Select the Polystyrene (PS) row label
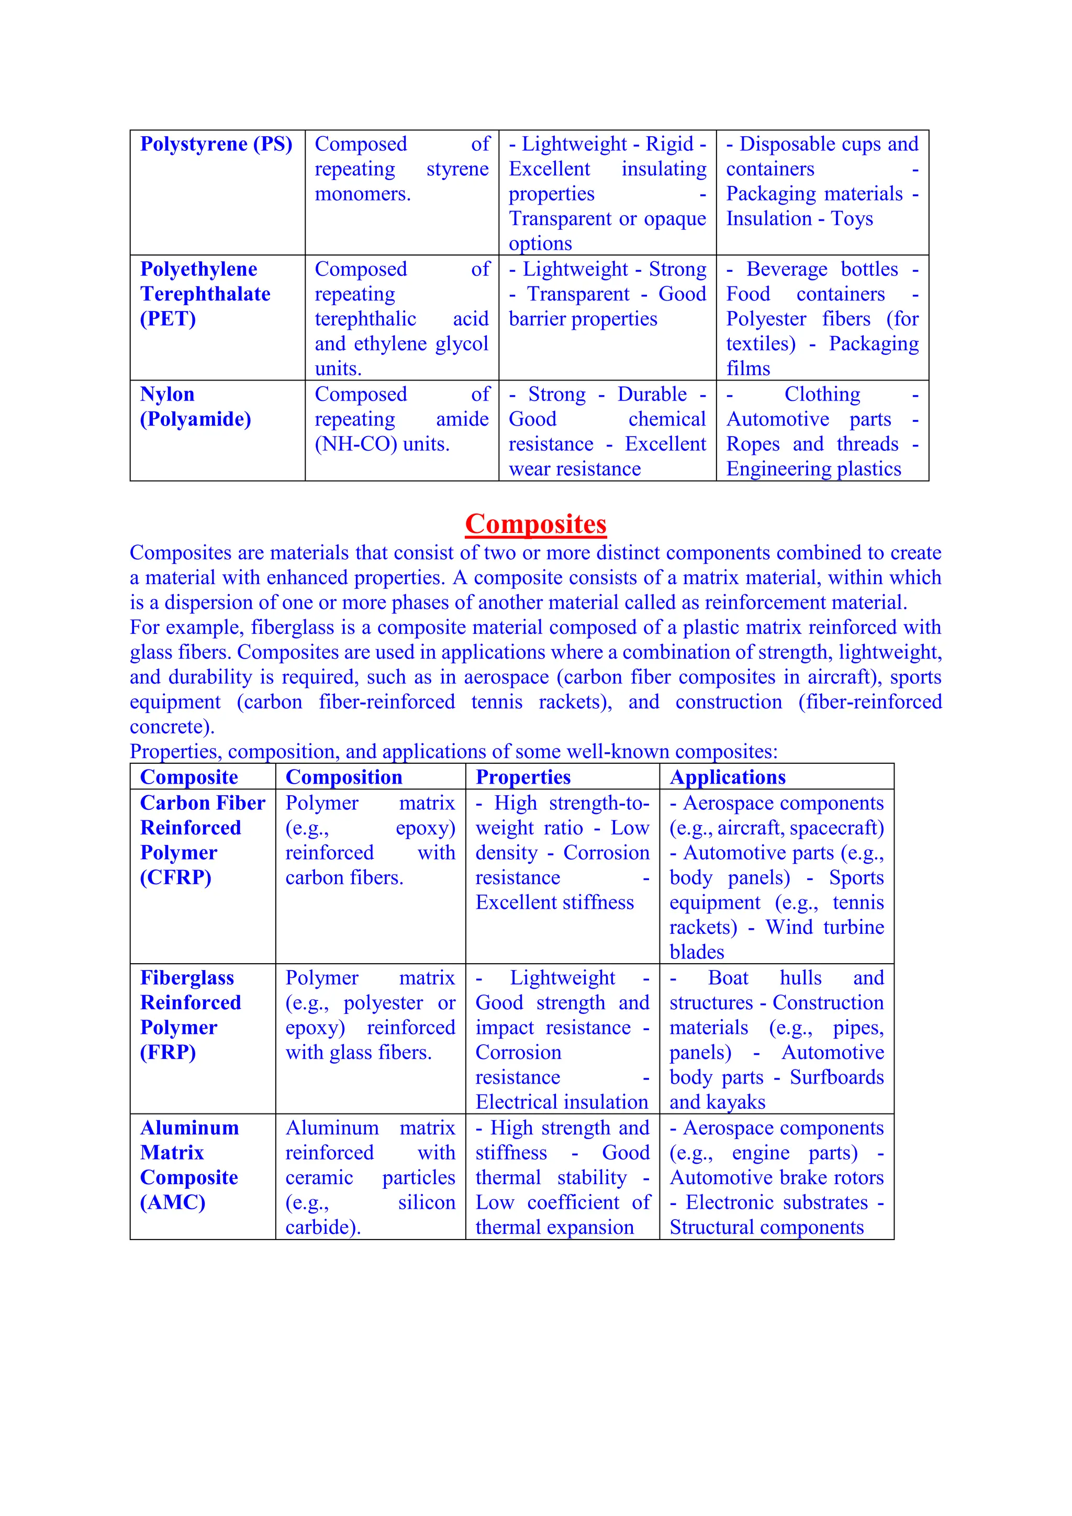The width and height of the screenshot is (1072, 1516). click(216, 144)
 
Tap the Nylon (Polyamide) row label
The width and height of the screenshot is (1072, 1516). click(195, 407)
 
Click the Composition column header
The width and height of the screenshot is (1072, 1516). click(343, 777)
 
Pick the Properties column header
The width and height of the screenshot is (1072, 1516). click(523, 777)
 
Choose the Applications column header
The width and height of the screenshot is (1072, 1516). click(728, 777)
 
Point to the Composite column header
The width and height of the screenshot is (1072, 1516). click(189, 777)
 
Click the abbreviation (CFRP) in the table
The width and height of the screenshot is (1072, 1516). click(175, 877)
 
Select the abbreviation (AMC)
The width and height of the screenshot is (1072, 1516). click(172, 1202)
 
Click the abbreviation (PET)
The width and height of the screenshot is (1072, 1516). click(167, 319)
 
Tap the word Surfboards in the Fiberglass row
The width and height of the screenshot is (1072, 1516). click(836, 1077)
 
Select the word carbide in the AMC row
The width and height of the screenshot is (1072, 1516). click(320, 1228)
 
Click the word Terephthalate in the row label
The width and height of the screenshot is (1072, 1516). click(205, 294)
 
